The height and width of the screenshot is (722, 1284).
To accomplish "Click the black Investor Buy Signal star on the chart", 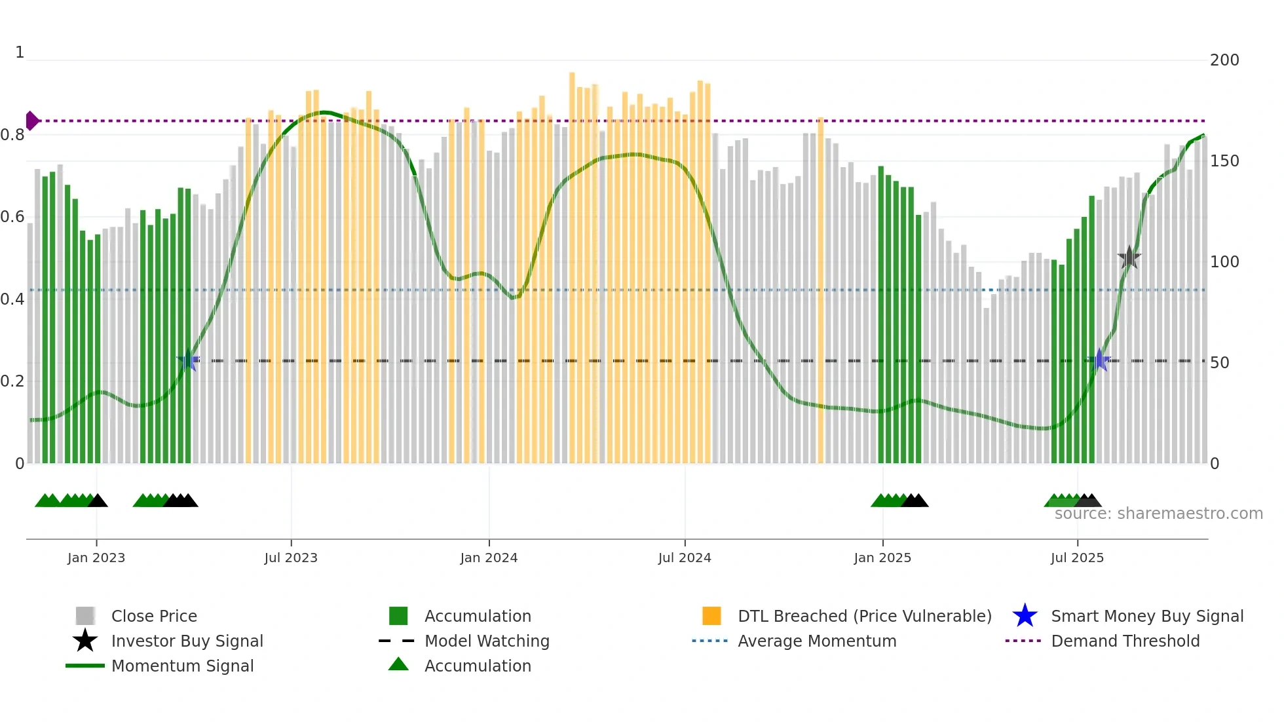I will (1129, 257).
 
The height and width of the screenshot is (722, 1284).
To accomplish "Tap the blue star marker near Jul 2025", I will (1099, 360).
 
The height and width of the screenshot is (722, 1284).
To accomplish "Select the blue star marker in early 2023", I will (188, 360).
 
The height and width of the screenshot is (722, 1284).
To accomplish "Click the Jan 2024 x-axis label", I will (489, 558).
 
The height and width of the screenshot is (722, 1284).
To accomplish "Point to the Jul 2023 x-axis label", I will (291, 558).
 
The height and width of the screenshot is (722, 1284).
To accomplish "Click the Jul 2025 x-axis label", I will (1077, 558).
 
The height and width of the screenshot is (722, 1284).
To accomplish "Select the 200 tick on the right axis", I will (1224, 60).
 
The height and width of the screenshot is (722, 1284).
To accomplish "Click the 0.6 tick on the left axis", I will (12, 217).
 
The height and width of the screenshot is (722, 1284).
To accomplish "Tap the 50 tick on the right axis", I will (1219, 363).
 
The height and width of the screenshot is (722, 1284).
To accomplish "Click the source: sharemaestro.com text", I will (1158, 514).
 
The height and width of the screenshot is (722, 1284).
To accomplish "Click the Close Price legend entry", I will (154, 616).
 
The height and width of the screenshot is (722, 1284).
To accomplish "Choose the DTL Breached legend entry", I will (864, 616).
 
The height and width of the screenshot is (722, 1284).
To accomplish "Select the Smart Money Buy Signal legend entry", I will (1146, 616).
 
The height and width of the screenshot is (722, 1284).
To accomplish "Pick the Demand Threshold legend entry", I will (1125, 641).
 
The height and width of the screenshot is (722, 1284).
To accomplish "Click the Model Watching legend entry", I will (486, 641).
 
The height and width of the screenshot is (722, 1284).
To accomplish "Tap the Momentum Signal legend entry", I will (182, 666).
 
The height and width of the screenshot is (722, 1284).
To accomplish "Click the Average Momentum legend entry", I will (816, 641).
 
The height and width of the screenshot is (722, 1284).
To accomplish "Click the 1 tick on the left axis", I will (20, 52).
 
